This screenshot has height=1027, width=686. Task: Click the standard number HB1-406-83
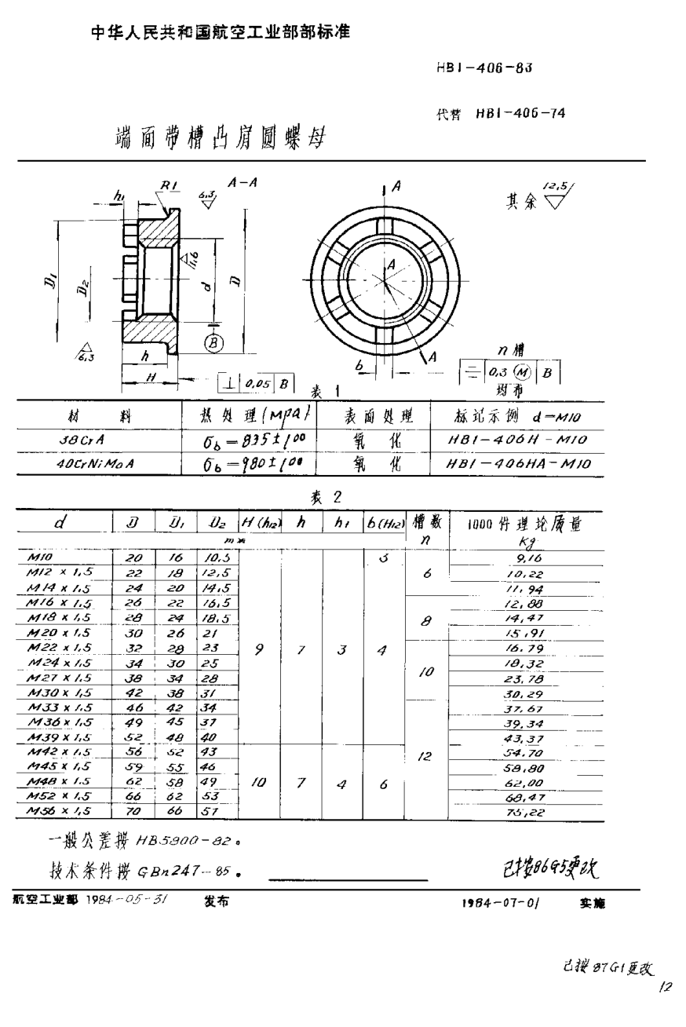(484, 68)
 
